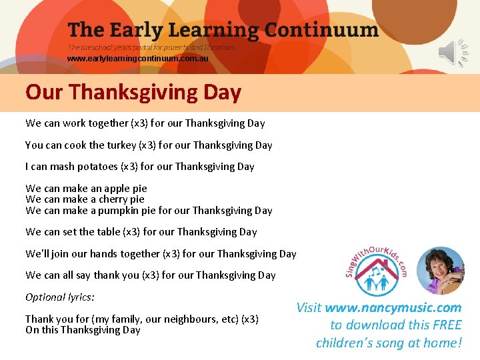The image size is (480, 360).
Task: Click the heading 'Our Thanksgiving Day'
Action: click(133, 92)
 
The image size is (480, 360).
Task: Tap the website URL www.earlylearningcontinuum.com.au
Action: click(137, 59)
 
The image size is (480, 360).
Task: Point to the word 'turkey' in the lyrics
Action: click(118, 145)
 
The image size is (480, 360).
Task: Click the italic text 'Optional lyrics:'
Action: click(60, 297)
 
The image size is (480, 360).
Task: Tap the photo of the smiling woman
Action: click(440, 270)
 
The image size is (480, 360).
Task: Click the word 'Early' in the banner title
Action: click(138, 30)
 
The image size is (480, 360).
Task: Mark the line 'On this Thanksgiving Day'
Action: click(83, 330)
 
